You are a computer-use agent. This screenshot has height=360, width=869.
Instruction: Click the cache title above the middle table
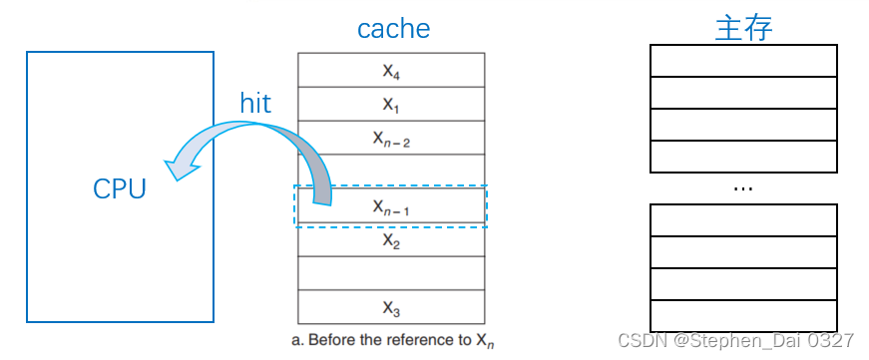point(393,28)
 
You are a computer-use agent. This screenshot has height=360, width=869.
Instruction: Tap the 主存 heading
point(743,28)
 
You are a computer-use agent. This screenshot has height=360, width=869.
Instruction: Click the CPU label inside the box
point(120,188)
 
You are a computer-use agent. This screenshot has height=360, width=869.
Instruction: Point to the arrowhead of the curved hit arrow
point(180,169)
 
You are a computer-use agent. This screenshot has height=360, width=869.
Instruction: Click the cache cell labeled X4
point(391,71)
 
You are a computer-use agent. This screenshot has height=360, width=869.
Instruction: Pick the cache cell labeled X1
point(391,104)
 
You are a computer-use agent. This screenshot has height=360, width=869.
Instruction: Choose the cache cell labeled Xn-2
point(391,138)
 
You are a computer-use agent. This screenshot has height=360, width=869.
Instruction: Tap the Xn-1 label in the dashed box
point(391,206)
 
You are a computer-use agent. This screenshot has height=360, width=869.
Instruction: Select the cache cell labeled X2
point(391,240)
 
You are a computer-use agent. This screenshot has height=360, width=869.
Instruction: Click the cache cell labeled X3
point(391,306)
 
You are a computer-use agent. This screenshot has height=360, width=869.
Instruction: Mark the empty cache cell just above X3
point(391,273)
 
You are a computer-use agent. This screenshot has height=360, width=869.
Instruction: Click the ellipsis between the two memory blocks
point(743,187)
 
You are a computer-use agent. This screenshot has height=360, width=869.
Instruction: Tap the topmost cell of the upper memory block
point(743,61)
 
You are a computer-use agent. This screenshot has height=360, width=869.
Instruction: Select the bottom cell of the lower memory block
point(743,315)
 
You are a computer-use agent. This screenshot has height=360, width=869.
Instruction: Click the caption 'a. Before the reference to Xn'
point(392,340)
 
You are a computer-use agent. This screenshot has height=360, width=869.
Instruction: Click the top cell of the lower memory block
point(743,220)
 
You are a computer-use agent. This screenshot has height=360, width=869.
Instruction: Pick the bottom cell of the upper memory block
point(743,156)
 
